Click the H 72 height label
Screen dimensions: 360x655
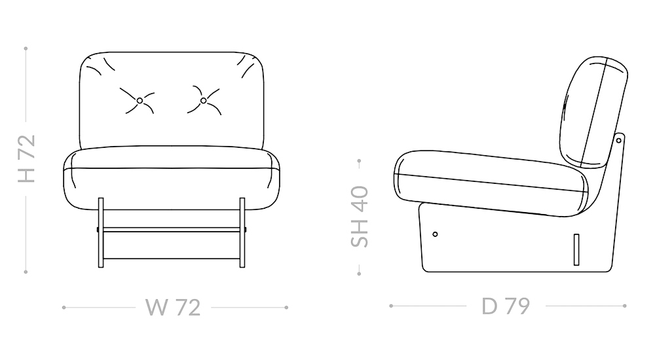[x=26, y=159]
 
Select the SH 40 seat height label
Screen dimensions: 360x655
[x=360, y=216]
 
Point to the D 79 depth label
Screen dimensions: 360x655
[x=505, y=306]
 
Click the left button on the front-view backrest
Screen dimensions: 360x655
[x=140, y=100]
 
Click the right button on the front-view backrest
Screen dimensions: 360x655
[x=203, y=100]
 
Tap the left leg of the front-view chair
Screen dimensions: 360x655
[x=101, y=232]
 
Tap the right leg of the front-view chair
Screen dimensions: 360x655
[x=242, y=232]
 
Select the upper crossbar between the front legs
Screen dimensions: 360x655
[x=172, y=230]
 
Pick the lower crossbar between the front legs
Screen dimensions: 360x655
[x=172, y=259]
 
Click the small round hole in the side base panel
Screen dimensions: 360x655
[x=435, y=234]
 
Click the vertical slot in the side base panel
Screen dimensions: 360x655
[x=576, y=249]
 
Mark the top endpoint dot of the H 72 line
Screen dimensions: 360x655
[x=26, y=48]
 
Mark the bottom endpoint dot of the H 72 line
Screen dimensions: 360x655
[x=26, y=271]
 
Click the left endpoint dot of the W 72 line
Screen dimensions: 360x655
[x=64, y=306]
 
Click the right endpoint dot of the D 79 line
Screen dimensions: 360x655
[x=625, y=306]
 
